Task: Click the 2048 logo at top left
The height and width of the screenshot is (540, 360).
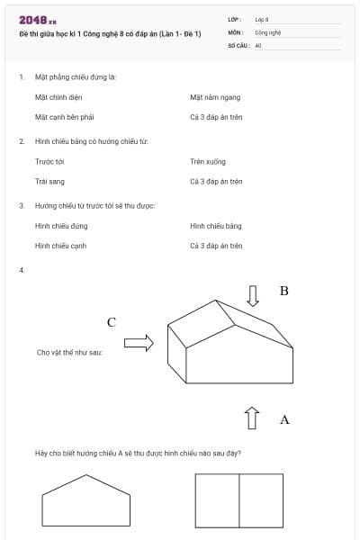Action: click(38, 20)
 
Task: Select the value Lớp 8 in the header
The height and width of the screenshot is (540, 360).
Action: click(262, 19)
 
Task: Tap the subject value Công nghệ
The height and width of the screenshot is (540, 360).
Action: click(268, 31)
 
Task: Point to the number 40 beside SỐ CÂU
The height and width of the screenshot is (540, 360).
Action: click(258, 44)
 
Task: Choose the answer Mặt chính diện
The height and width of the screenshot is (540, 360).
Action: click(58, 97)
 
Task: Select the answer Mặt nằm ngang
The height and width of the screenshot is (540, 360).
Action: click(215, 97)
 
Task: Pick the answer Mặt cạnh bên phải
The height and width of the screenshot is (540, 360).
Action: click(65, 117)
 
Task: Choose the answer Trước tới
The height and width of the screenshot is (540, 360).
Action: click(49, 161)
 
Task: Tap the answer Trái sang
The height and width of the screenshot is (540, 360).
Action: click(49, 181)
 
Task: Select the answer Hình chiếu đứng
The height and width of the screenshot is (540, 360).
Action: click(61, 226)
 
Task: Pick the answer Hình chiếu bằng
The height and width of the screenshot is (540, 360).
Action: click(216, 226)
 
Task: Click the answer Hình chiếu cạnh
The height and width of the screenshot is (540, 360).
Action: click(61, 246)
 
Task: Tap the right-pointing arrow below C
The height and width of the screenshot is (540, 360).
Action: click(139, 342)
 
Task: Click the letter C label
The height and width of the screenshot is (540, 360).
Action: click(112, 322)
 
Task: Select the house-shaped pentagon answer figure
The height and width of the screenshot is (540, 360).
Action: click(85, 501)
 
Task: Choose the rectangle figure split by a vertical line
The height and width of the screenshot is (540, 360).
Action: click(238, 501)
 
